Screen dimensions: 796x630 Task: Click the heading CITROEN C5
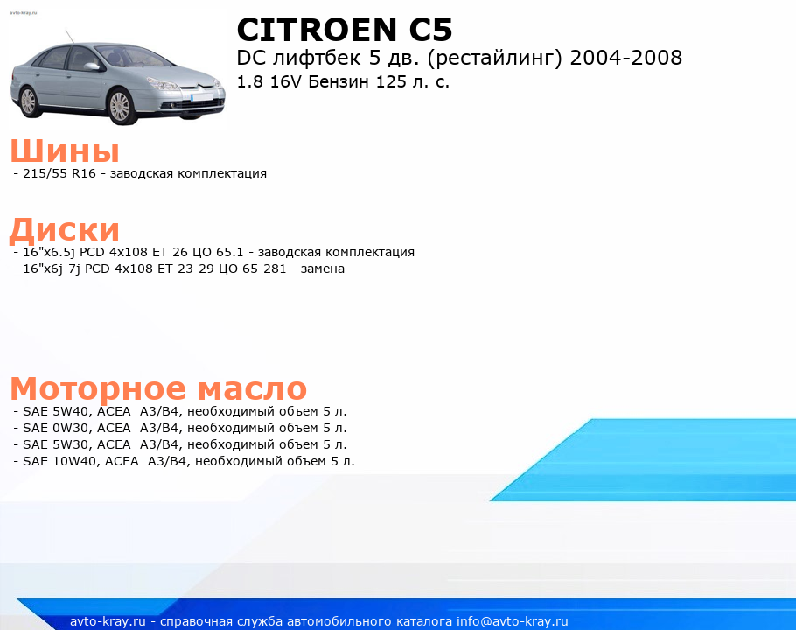[x=344, y=30]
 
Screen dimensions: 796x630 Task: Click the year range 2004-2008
[x=626, y=58]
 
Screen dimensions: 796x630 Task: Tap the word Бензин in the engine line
[x=339, y=81]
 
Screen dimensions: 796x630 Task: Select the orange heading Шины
[x=65, y=150]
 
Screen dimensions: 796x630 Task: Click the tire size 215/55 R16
[x=59, y=173]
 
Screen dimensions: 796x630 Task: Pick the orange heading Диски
[x=65, y=230]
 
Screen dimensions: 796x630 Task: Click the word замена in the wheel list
[x=323, y=269]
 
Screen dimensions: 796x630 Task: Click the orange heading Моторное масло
[x=158, y=388]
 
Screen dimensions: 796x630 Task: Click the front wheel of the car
[x=121, y=106]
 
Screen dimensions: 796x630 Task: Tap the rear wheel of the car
[x=29, y=101]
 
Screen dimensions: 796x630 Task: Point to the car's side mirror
[x=92, y=66]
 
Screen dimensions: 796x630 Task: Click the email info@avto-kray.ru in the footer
[x=512, y=621]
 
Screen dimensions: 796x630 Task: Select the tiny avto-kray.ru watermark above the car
[x=24, y=13]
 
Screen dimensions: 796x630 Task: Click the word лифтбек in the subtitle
[x=318, y=58]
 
